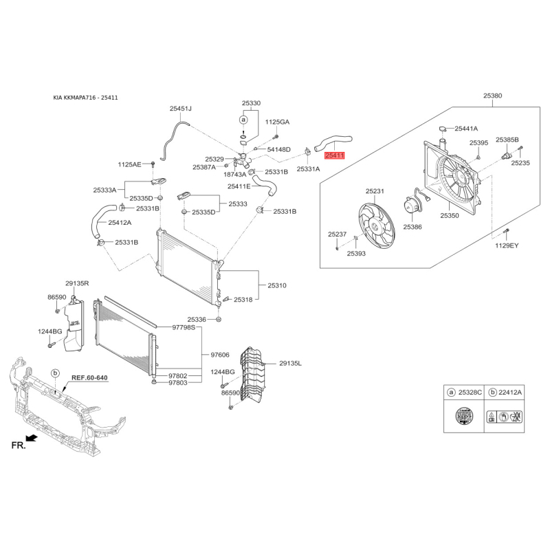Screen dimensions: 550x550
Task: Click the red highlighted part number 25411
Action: click(335, 155)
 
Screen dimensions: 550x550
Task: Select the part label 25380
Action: click(492, 96)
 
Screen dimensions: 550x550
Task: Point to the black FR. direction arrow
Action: click(32, 438)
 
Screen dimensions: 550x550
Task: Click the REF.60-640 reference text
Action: click(89, 377)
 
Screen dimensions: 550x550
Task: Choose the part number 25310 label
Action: click(277, 285)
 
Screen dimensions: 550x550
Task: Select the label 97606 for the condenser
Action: click(220, 355)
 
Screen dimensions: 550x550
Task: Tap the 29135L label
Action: click(290, 364)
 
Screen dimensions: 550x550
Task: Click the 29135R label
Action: click(77, 283)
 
